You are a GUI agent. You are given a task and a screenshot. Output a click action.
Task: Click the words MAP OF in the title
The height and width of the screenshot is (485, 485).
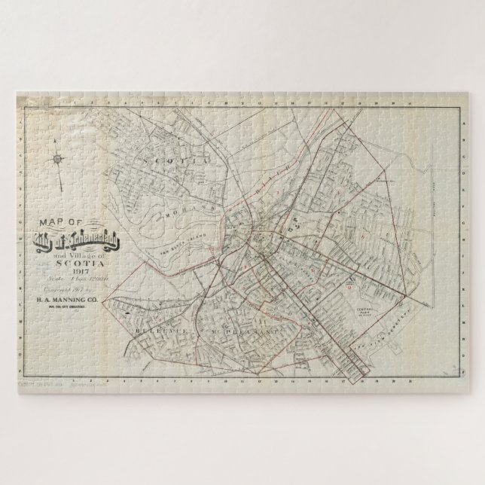pos(53,222)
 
